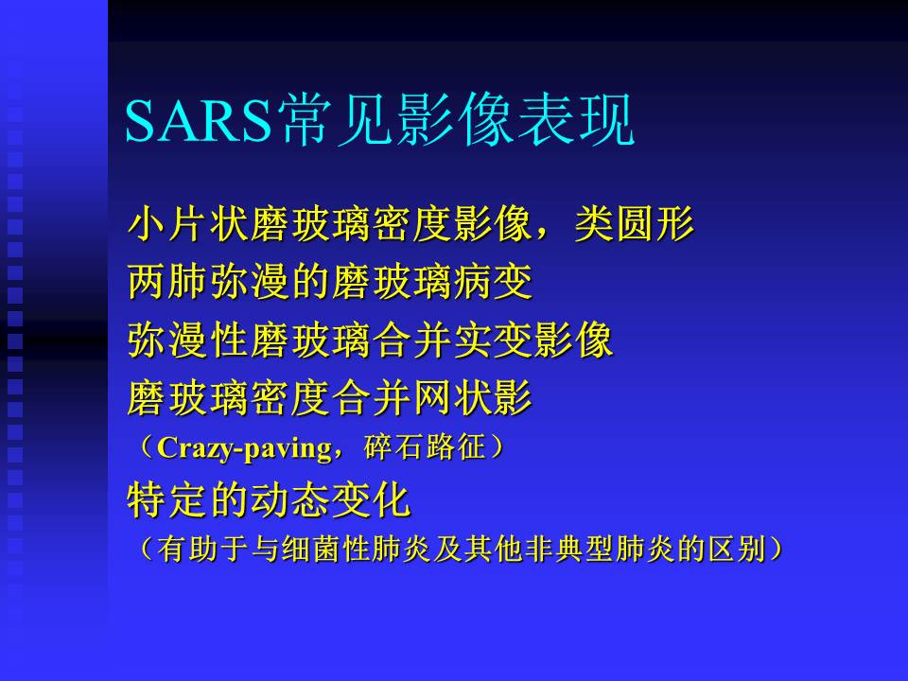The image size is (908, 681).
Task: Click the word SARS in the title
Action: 199,120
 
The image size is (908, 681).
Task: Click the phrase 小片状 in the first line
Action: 187,224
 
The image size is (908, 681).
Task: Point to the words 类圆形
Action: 635,224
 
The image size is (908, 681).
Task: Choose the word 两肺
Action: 167,282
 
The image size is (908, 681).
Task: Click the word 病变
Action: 492,282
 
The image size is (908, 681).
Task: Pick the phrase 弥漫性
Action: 187,340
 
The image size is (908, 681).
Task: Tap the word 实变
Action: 492,340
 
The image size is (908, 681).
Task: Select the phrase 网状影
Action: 472,398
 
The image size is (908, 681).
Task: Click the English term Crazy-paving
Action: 244,448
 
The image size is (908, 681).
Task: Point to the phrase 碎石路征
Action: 425,447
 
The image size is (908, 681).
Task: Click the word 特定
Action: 167,500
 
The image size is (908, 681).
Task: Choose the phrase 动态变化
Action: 329,500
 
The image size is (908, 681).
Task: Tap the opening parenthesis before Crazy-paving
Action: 146,447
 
